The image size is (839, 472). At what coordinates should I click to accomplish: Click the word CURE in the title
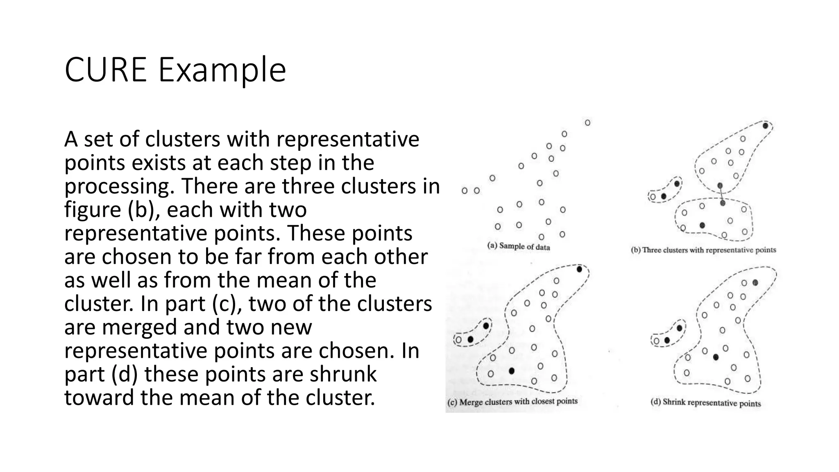pyautogui.click(x=105, y=70)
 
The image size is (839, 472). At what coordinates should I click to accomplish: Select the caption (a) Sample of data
pyautogui.click(x=518, y=246)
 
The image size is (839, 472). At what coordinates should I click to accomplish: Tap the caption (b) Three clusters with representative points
pyautogui.click(x=703, y=250)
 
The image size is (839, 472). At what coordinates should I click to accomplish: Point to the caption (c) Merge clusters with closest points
pyautogui.click(x=512, y=402)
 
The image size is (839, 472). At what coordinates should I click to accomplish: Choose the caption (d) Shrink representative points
pyautogui.click(x=705, y=402)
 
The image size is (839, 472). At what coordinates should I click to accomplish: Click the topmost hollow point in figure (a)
pyautogui.click(x=587, y=123)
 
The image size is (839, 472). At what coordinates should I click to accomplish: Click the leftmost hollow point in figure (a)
pyautogui.click(x=465, y=191)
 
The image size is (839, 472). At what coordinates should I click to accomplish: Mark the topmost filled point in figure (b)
pyautogui.click(x=765, y=126)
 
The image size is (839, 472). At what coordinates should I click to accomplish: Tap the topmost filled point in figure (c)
pyautogui.click(x=579, y=269)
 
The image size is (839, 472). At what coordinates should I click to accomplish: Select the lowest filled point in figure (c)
pyautogui.click(x=511, y=371)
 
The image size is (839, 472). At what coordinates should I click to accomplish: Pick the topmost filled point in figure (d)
pyautogui.click(x=755, y=283)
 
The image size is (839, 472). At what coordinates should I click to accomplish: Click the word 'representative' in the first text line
pyautogui.click(x=347, y=139)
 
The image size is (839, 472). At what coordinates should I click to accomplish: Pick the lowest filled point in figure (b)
pyautogui.click(x=702, y=225)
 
